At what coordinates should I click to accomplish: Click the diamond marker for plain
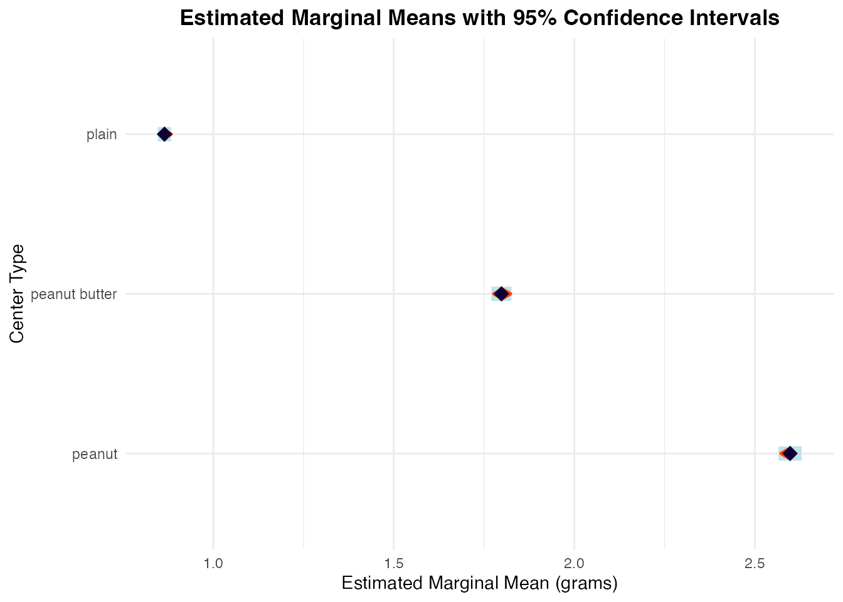164,134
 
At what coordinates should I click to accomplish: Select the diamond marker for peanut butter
501,293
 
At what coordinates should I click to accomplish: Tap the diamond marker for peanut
790,453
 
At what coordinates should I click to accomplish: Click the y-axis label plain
102,135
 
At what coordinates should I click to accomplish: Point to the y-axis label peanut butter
74,294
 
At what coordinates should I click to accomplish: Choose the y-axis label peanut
95,455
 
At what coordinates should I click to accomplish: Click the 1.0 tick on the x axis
213,564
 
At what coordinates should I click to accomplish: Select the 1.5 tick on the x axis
394,564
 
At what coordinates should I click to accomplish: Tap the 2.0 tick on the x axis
575,564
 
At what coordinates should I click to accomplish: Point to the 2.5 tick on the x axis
755,564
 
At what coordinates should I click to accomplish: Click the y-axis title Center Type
16,294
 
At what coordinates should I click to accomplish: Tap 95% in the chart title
535,18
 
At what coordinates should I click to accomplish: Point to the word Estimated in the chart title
232,18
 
